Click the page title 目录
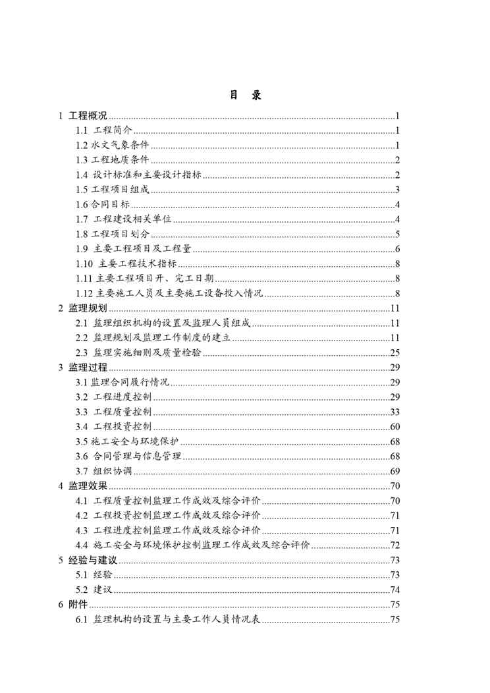245,96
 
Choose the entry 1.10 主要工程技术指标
120,263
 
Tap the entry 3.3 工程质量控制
113,412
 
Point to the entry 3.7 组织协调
103,471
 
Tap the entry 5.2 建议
90,590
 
